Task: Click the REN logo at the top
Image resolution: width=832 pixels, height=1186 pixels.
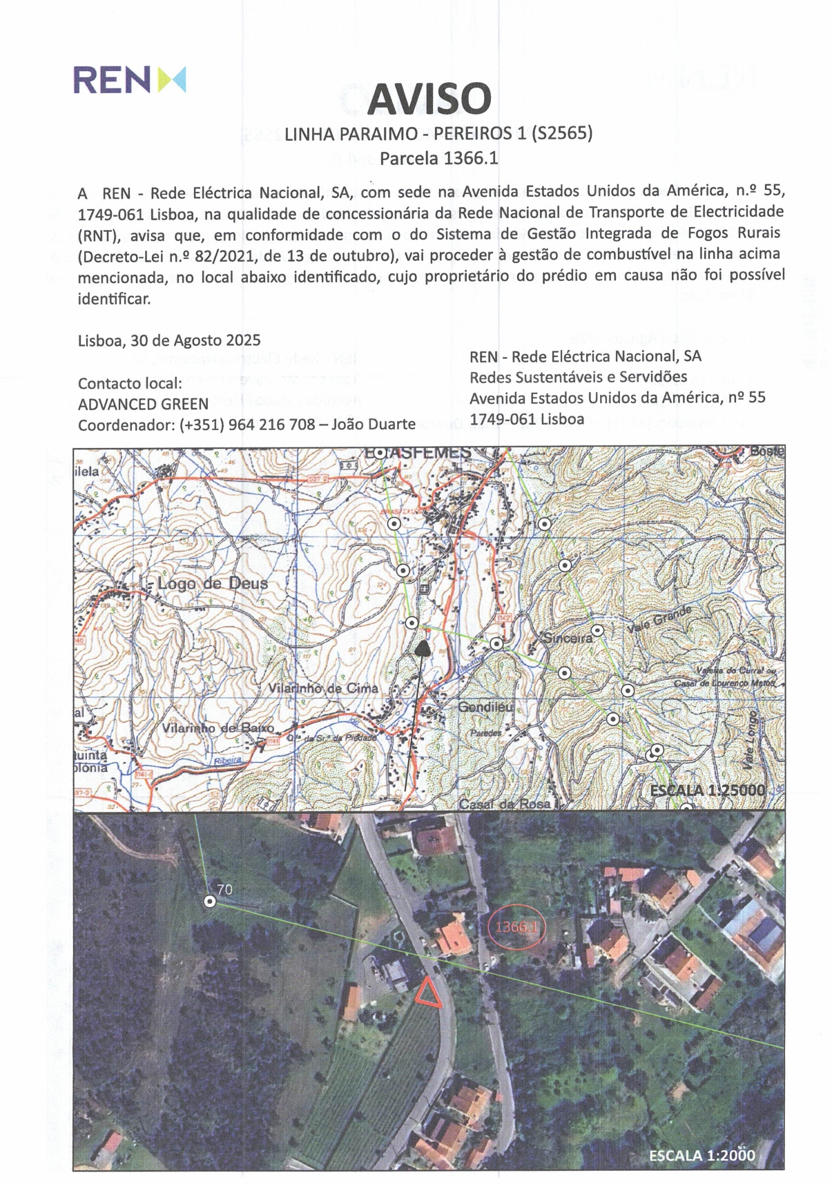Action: [129, 79]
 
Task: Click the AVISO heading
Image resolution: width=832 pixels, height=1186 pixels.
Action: [429, 99]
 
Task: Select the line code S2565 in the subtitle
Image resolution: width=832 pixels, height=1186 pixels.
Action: [562, 133]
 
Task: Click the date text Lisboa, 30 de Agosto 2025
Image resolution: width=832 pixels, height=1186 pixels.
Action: [169, 340]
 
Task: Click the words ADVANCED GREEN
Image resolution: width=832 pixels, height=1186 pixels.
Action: [143, 404]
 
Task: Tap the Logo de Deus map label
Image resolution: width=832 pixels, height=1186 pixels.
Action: [212, 583]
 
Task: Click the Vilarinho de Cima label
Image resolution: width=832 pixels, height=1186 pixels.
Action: [323, 688]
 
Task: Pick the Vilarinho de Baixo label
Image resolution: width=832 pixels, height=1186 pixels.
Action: [218, 728]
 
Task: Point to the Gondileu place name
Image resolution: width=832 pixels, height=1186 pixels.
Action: [485, 707]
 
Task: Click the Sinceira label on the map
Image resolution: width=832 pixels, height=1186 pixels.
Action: [568, 638]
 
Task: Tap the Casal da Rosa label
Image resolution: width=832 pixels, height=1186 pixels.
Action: [505, 804]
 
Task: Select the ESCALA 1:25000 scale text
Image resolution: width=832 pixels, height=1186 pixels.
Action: [708, 790]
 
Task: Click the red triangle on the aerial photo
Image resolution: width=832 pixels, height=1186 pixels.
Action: [427, 993]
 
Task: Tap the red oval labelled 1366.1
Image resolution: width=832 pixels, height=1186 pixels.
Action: [514, 926]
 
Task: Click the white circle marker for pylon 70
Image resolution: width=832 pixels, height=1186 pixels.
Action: [210, 902]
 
